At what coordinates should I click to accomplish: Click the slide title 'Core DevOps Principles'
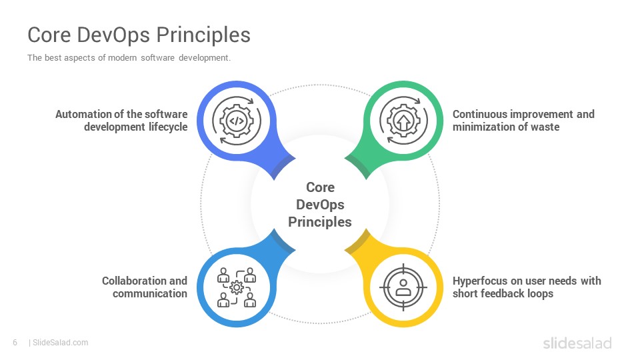[139, 35]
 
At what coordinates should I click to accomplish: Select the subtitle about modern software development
[129, 57]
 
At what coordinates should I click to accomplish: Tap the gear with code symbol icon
[237, 121]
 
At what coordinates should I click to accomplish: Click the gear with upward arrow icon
[404, 121]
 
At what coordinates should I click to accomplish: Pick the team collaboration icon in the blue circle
[237, 287]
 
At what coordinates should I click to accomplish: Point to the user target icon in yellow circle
[403, 287]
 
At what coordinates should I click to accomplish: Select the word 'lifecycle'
[168, 127]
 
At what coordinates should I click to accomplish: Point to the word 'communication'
[150, 293]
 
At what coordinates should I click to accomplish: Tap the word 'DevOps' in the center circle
[320, 205]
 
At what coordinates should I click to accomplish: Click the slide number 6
[15, 343]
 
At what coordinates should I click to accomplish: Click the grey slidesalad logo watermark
[577, 343]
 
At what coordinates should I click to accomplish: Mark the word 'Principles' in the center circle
[320, 222]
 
